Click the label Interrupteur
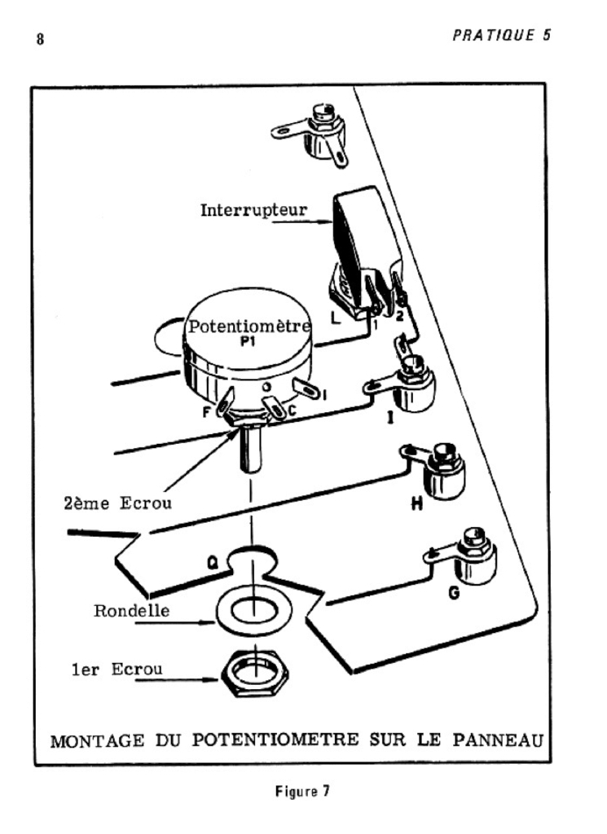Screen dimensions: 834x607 tap(253, 209)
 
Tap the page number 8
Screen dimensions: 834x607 tap(39, 39)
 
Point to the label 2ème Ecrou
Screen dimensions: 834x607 tap(117, 503)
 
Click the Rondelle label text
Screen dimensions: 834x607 tap(131, 610)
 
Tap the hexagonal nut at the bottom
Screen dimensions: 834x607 tap(256, 673)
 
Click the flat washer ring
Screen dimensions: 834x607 tap(255, 610)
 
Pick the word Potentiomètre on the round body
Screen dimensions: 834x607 tap(249, 327)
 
